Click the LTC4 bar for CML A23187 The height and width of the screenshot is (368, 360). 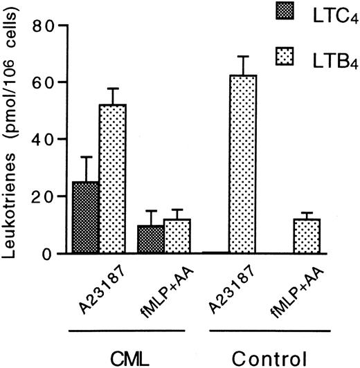point(87,217)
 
